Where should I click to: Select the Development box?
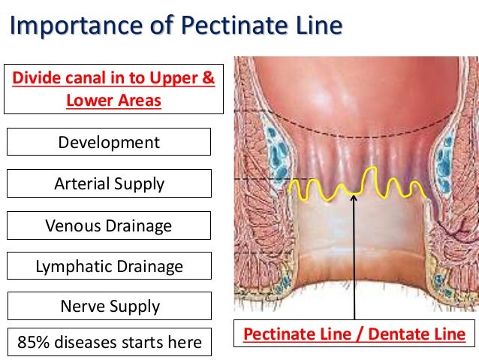click(109, 142)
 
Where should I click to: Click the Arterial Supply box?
click(109, 183)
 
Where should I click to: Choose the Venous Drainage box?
click(109, 225)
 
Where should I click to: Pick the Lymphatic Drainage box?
click(109, 265)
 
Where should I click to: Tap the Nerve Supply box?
click(109, 306)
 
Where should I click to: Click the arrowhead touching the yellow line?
click(354, 197)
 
